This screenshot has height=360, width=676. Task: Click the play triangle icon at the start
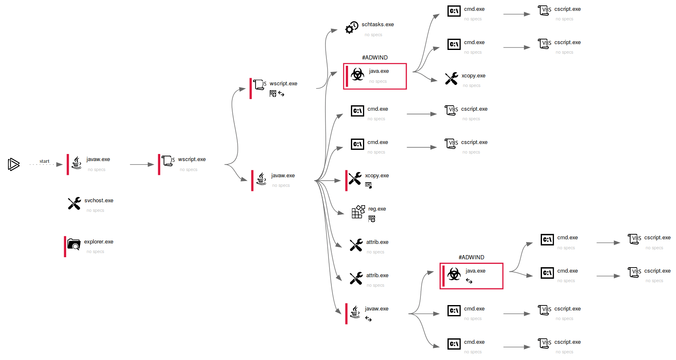(x=13, y=164)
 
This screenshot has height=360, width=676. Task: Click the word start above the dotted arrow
(x=44, y=161)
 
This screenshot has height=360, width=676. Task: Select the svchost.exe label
(x=99, y=201)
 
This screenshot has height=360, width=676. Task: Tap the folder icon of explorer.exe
(x=74, y=244)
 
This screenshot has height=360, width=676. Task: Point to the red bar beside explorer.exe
(x=65, y=247)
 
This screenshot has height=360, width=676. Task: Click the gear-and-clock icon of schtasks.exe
(x=352, y=27)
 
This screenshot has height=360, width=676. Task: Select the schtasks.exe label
(x=378, y=25)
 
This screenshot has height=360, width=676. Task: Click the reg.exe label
(x=377, y=209)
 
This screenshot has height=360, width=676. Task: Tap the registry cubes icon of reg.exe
(x=358, y=211)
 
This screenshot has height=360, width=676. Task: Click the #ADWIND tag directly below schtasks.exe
(x=375, y=57)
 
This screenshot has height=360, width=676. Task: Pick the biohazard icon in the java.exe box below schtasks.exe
(x=357, y=74)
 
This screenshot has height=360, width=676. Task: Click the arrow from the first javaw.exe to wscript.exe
(x=142, y=164)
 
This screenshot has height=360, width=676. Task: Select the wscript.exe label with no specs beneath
(x=191, y=159)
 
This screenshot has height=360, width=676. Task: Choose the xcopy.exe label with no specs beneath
(x=473, y=76)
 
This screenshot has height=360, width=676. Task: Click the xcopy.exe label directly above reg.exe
(x=377, y=176)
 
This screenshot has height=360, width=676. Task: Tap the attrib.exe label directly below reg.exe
(x=377, y=242)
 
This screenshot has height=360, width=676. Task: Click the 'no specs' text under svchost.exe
(x=95, y=211)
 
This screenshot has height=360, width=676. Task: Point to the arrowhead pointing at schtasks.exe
(x=334, y=30)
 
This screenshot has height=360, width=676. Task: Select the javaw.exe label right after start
(x=98, y=159)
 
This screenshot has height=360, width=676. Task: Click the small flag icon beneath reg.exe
(x=372, y=219)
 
